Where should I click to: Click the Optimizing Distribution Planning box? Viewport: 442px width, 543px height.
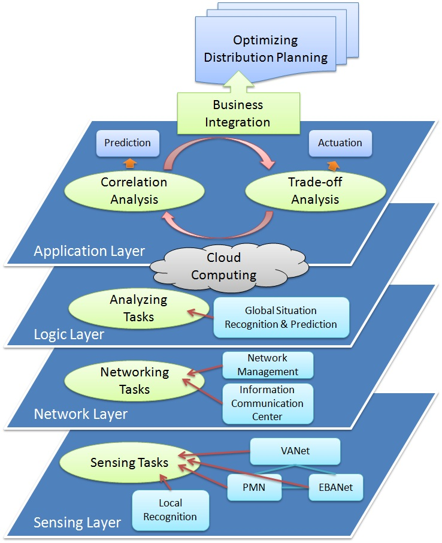pos(265,49)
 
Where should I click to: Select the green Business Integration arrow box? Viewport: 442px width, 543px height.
pos(238,113)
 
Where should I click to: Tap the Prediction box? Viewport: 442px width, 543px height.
pos(128,143)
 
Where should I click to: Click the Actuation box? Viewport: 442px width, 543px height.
pos(340,143)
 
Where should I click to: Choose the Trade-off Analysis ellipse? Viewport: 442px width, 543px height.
pos(315,191)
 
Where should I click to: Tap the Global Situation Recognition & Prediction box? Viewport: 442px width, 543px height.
pos(281,318)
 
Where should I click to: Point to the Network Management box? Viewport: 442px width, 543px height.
pos(267,364)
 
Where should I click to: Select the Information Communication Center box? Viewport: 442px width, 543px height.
pos(267,403)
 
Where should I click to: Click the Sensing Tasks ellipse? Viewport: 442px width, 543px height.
pos(129,463)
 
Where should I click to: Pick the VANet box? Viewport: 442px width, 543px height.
pos(295,451)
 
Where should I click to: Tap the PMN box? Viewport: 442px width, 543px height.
pos(255,487)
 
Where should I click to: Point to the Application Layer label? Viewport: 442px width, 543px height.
pos(89,251)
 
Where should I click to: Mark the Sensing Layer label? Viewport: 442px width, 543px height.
pos(77,522)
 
